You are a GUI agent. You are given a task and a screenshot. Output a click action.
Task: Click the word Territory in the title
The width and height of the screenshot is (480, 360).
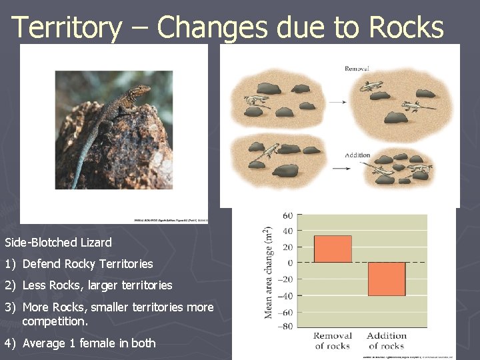(x=67, y=28)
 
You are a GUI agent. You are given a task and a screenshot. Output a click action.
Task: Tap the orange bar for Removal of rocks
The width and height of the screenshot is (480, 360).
(x=332, y=249)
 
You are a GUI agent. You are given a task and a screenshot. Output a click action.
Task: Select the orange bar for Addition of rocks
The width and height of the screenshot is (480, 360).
(x=387, y=279)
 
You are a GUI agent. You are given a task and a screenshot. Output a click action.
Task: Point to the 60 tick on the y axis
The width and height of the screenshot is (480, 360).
(x=287, y=215)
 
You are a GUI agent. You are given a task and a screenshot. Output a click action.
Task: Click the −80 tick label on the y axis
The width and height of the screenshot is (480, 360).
(x=285, y=326)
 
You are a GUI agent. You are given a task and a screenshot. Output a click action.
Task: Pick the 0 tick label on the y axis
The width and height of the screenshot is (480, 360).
(x=290, y=263)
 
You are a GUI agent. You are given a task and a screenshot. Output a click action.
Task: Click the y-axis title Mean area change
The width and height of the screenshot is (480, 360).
(x=269, y=273)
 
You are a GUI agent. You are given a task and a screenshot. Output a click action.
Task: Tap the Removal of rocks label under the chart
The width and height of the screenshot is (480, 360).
(x=332, y=341)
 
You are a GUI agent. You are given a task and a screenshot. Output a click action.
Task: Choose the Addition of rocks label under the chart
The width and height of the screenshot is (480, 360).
(x=387, y=341)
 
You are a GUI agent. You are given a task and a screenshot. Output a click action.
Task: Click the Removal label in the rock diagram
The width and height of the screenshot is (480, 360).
(x=357, y=69)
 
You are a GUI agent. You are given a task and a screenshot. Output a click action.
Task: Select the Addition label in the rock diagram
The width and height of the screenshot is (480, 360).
(x=357, y=155)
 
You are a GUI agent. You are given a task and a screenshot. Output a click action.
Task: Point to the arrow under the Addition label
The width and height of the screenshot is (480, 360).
(x=342, y=168)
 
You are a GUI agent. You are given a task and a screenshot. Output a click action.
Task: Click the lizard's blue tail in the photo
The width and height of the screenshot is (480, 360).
(x=84, y=163)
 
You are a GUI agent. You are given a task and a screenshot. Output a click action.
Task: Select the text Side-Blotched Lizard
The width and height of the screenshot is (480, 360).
(x=58, y=243)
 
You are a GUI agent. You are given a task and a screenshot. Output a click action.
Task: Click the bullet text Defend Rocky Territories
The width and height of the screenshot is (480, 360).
(x=87, y=264)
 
